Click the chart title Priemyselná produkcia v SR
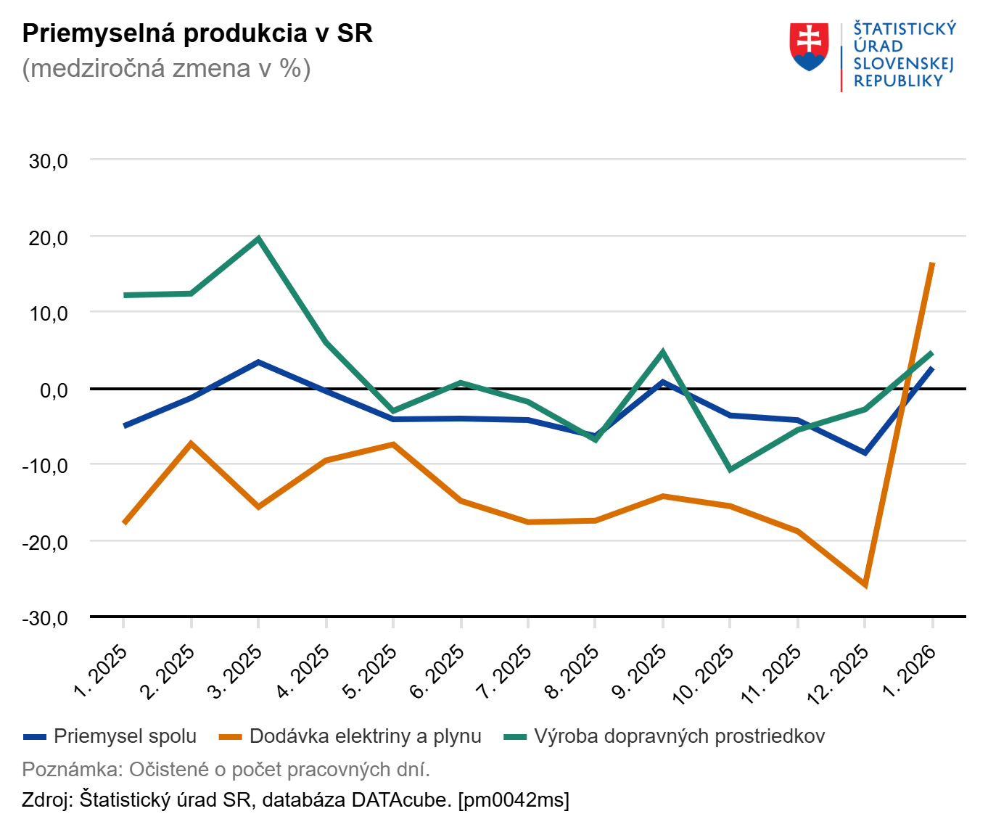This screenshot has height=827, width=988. (197, 33)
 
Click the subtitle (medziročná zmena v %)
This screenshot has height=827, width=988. (166, 68)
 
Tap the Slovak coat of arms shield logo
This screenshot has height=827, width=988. (809, 46)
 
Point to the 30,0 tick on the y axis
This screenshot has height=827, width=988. (49, 161)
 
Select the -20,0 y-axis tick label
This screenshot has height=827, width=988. (45, 542)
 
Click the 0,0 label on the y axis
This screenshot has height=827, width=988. (54, 390)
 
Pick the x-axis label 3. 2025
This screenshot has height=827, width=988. (234, 672)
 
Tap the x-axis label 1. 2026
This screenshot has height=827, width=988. (909, 672)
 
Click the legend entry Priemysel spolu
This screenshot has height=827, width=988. (125, 736)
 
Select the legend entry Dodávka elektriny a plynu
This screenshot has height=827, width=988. (365, 736)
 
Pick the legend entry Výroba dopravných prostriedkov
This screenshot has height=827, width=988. (679, 736)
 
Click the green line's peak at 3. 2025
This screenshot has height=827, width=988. (258, 238)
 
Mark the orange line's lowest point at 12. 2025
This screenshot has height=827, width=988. (865, 585)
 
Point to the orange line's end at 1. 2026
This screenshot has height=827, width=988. (932, 263)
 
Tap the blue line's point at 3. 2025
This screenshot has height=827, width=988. (258, 362)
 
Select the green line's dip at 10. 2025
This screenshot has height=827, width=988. (730, 469)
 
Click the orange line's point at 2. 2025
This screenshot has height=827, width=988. (191, 443)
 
